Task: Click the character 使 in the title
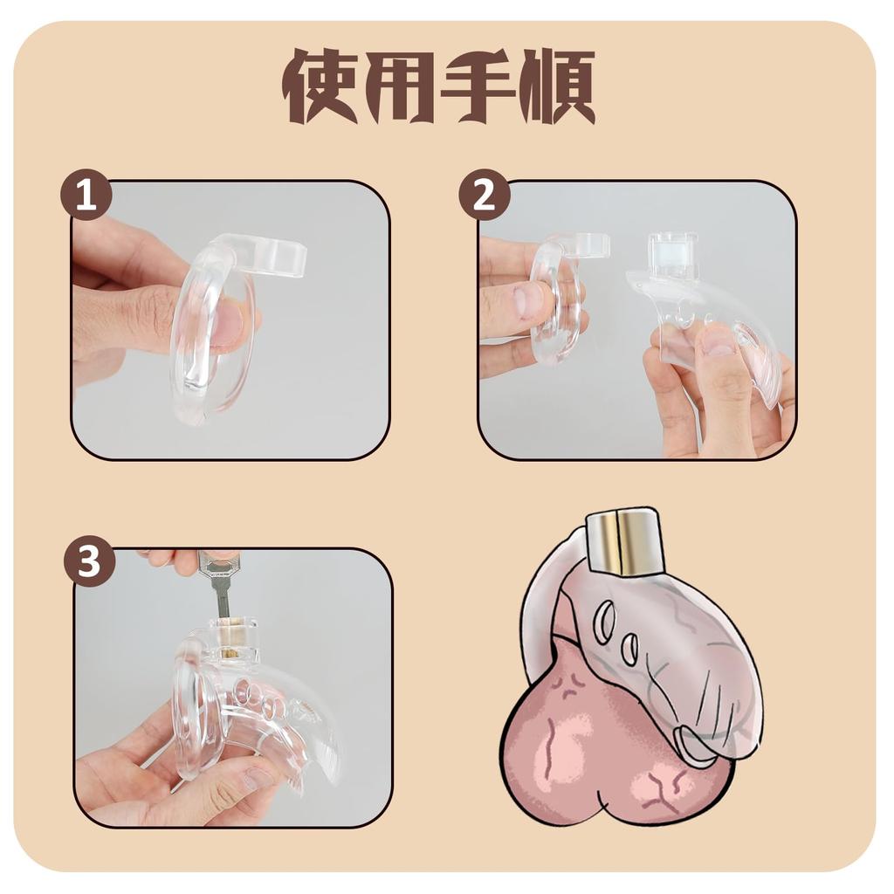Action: [320, 86]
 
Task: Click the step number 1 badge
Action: [86, 196]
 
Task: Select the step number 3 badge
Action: [88, 562]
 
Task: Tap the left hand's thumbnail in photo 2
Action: [528, 301]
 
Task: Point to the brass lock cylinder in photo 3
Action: [232, 638]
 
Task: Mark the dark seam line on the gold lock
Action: [620, 543]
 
